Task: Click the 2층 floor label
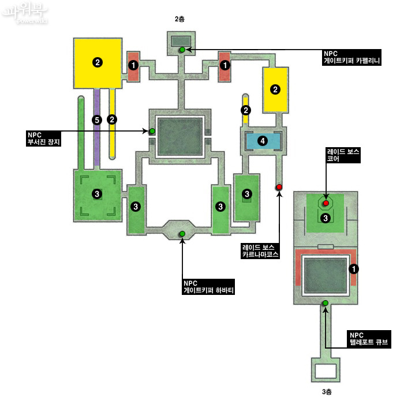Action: [x=179, y=19]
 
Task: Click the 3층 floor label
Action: [x=327, y=392]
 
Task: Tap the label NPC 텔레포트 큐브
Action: [x=369, y=339]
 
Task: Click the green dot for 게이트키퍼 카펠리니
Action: [x=182, y=50]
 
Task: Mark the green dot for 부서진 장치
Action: [x=152, y=131]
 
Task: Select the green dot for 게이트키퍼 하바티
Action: [x=182, y=233]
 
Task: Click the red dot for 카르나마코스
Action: [x=279, y=187]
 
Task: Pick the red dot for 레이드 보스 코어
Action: [x=326, y=203]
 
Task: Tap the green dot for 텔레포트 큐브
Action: [x=326, y=303]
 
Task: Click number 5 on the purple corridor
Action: [x=97, y=119]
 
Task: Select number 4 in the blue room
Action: [x=263, y=140]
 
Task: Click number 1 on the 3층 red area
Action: [x=354, y=269]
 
